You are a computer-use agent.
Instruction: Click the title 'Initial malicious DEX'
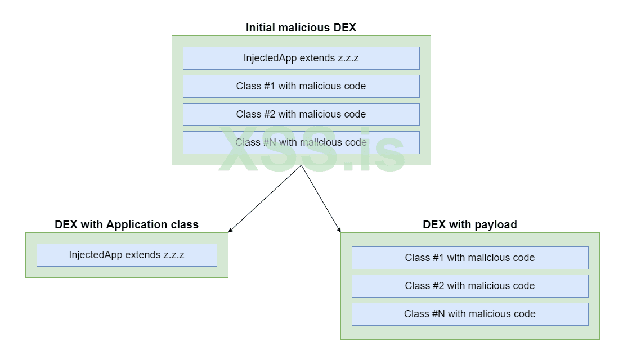(x=301, y=27)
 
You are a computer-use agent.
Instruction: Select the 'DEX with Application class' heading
(x=127, y=224)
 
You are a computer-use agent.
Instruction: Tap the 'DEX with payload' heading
(x=470, y=224)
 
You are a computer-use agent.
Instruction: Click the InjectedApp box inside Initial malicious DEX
(x=301, y=58)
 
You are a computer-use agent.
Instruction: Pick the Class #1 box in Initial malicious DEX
(x=301, y=86)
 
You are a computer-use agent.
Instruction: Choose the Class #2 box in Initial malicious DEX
(x=301, y=114)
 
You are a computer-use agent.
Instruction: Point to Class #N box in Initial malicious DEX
(x=301, y=142)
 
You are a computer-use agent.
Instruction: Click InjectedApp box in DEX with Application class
(x=127, y=255)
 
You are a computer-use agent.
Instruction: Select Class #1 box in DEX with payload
(x=470, y=258)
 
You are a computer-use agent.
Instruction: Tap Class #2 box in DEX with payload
(x=470, y=286)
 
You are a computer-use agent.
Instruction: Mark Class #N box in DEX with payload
(x=470, y=314)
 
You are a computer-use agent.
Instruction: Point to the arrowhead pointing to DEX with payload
(x=339, y=230)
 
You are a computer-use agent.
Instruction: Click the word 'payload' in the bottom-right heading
(x=496, y=224)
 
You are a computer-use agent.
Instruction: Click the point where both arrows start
(x=302, y=165)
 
